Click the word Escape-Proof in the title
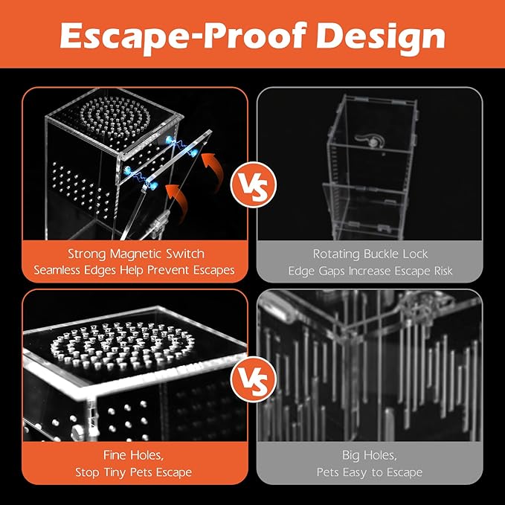point(183,36)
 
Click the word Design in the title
point(381,36)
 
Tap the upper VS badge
point(254,185)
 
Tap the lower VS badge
point(254,380)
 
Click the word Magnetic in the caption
point(135,254)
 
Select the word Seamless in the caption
point(57,270)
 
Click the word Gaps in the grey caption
point(332,271)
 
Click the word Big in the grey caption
point(351,456)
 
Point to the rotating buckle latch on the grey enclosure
point(370,141)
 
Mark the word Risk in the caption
point(443,271)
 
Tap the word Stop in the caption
point(87,472)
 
